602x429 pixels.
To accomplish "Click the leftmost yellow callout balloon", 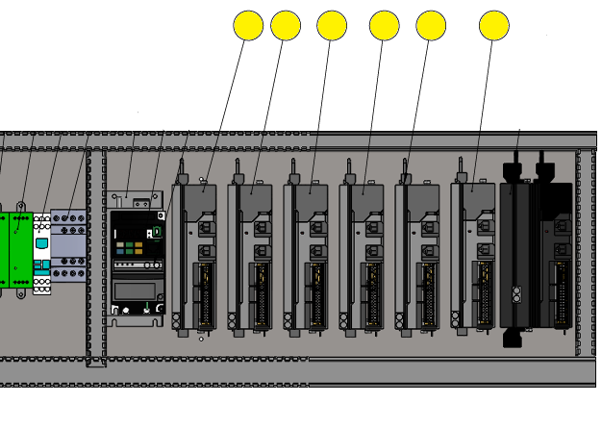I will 248,26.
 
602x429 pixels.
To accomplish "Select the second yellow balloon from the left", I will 286,26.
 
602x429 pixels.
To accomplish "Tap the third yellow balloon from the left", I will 332,26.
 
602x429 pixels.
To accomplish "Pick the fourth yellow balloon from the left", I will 385,26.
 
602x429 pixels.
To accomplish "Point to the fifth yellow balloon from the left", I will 431,26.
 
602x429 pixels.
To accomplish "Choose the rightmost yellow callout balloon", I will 494,26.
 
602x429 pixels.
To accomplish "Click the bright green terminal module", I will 14,250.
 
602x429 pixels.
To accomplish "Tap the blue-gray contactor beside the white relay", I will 68,246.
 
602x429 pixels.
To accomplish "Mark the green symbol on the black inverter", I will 157,232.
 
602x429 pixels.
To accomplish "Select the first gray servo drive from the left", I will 195,255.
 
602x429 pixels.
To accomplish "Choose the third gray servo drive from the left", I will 307,255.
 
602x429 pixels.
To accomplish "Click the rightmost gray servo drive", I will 474,255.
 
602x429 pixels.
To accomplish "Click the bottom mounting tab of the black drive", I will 513,338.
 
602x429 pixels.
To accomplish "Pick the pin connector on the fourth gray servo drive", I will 371,293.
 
